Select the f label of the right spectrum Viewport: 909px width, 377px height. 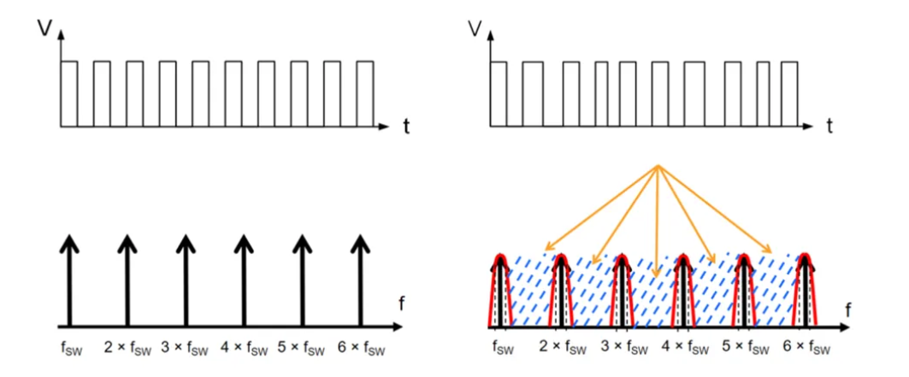click(x=847, y=309)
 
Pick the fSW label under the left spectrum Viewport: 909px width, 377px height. click(x=71, y=349)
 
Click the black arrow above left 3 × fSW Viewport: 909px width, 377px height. click(x=185, y=282)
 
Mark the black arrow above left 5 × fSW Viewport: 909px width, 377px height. click(x=301, y=282)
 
